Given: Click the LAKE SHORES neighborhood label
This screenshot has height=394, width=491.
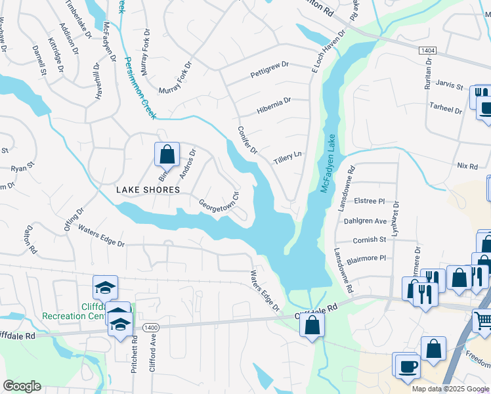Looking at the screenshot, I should coord(148,190).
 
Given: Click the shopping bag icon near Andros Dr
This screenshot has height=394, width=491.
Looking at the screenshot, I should coord(167,155).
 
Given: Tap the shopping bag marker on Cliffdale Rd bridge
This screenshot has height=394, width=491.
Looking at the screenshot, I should coord(313,324).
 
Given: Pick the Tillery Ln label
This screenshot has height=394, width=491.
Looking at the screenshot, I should coord(288,158).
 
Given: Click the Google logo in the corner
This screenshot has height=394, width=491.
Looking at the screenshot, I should coord(22,385).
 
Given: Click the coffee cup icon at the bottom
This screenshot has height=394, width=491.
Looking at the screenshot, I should coord(406,365).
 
